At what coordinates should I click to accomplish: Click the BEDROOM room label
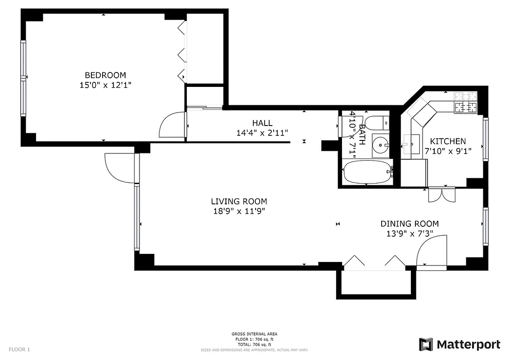[105, 75]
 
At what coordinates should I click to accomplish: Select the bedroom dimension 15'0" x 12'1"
[105, 85]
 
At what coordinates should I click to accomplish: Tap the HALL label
[262, 123]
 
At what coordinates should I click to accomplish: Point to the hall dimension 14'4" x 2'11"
[262, 132]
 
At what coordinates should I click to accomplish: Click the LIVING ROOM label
[239, 202]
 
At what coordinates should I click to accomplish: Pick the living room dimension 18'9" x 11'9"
[239, 211]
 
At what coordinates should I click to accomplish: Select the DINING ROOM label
[410, 224]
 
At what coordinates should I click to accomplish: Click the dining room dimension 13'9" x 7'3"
[410, 234]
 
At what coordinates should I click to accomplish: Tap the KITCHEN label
[448, 141]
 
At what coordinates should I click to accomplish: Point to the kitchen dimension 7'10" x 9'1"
[448, 151]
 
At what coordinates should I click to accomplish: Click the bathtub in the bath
[367, 173]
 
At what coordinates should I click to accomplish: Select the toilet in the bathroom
[376, 122]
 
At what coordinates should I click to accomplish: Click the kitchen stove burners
[466, 102]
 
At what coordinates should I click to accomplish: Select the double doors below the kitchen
[442, 194]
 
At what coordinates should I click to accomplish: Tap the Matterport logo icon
[426, 345]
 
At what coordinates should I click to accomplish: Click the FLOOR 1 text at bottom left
[19, 349]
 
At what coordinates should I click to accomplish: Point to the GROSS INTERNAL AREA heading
[254, 334]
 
